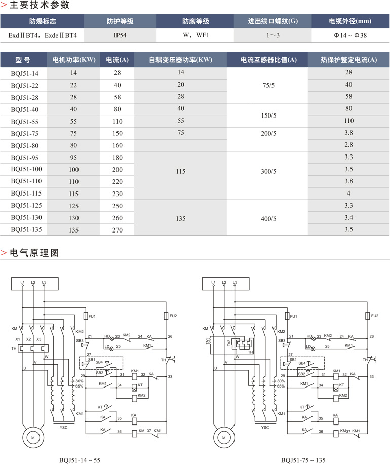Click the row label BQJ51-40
coord(24,109)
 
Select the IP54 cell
coord(120,36)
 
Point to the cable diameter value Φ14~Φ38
coord(350,36)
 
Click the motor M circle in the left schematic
coord(33,436)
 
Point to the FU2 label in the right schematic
coord(374,316)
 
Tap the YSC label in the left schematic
coord(63,427)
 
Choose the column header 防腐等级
coord(196,21)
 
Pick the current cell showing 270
coord(118,229)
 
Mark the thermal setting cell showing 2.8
coord(348,145)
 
